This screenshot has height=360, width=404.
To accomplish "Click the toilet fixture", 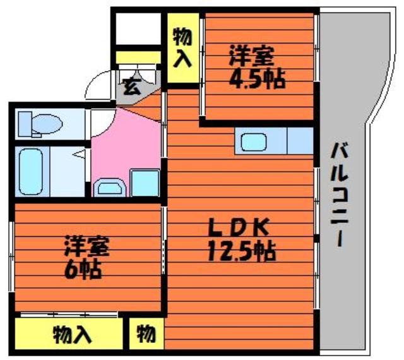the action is [x=40, y=124].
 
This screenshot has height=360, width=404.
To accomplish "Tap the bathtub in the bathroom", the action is [x=31, y=172].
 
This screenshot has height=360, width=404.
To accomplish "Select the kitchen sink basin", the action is [x=254, y=141].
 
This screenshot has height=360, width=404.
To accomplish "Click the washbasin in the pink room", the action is [x=110, y=188].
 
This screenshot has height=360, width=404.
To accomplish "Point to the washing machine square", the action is [x=145, y=183].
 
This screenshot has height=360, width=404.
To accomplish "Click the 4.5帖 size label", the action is [x=258, y=78].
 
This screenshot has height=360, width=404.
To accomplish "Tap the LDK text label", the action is [x=239, y=227].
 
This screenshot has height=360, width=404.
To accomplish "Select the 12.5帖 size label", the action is [x=241, y=251].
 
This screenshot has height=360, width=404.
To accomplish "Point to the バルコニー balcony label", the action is [x=340, y=195].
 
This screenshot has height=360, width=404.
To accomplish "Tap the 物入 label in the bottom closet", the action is [x=73, y=335].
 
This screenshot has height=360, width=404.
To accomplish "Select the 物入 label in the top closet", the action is [x=182, y=47].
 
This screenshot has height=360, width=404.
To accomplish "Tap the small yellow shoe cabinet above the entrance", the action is [x=138, y=57].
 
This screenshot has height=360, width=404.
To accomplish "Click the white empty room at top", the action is [x=138, y=28].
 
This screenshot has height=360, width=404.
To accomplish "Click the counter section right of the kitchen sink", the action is [x=300, y=141].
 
